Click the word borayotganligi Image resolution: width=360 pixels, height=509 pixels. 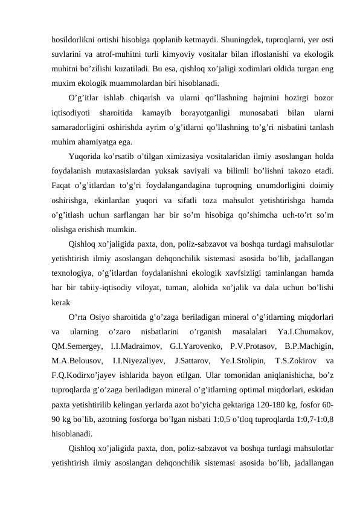(x=207, y=114)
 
